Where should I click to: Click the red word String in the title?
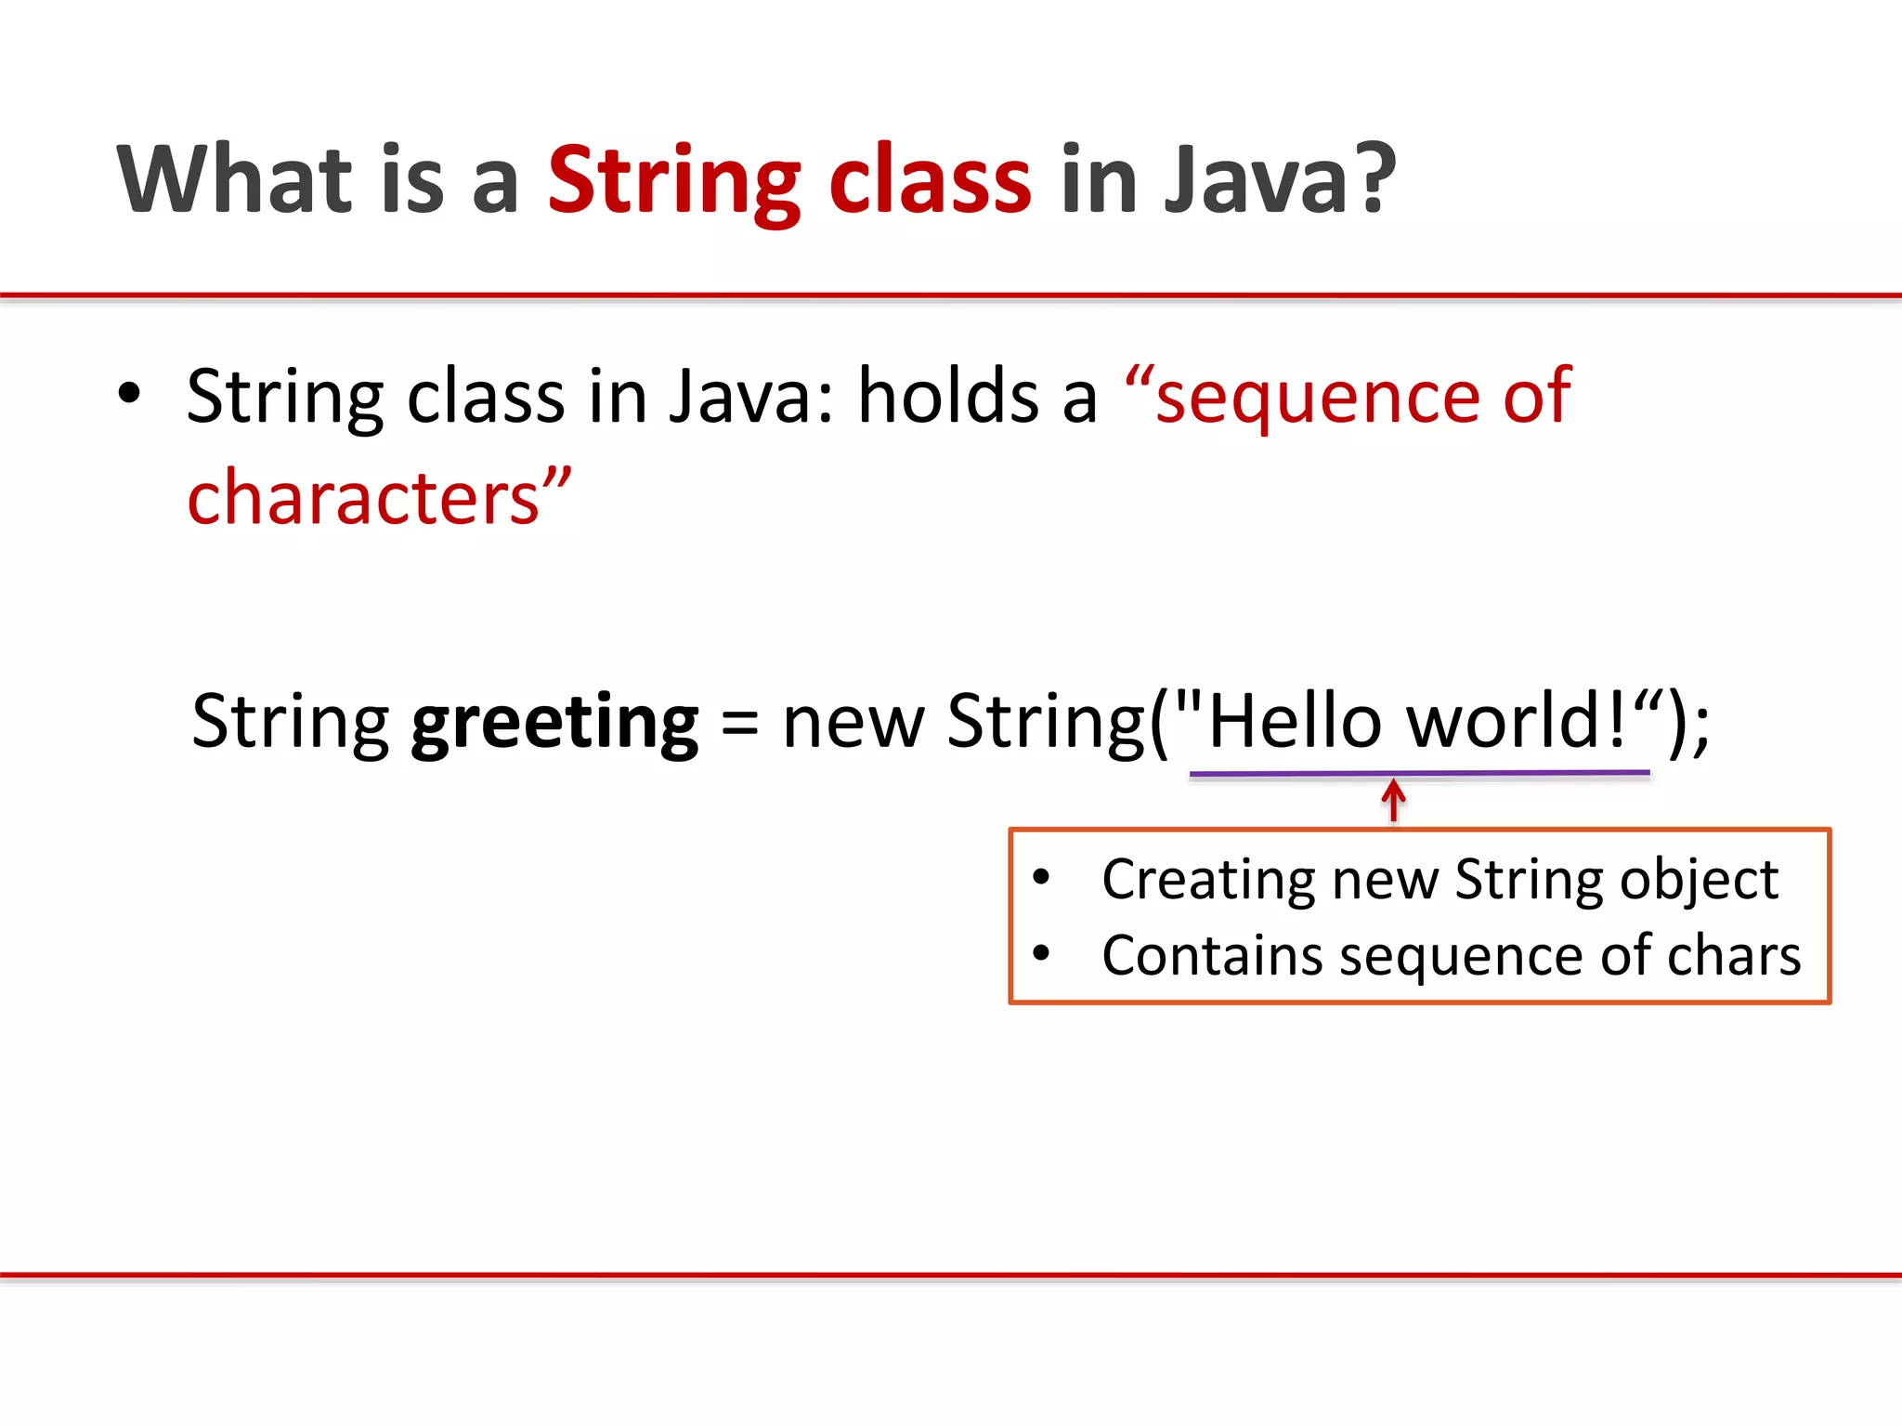(673, 181)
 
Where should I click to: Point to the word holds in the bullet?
(947, 397)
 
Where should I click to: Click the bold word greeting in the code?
(554, 724)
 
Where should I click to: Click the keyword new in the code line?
(853, 724)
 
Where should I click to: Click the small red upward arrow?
(1393, 800)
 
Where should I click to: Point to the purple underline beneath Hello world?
(1419, 772)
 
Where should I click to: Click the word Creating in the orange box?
(1208, 880)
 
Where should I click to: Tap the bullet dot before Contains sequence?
(1041, 953)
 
